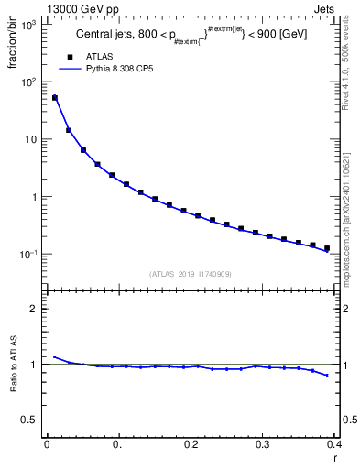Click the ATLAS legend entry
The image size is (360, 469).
coord(97,56)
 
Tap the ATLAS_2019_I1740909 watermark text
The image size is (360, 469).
coord(191,274)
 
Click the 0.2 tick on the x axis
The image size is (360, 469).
coord(191,444)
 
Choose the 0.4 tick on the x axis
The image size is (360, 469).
coord(333,444)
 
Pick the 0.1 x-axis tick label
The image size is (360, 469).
coord(118,444)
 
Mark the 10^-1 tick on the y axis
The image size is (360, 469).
coord(31,254)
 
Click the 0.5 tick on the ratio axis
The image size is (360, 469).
coord(33,420)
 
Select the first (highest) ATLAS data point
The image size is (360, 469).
coord(54,97)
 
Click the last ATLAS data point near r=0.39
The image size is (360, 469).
coord(327,247)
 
